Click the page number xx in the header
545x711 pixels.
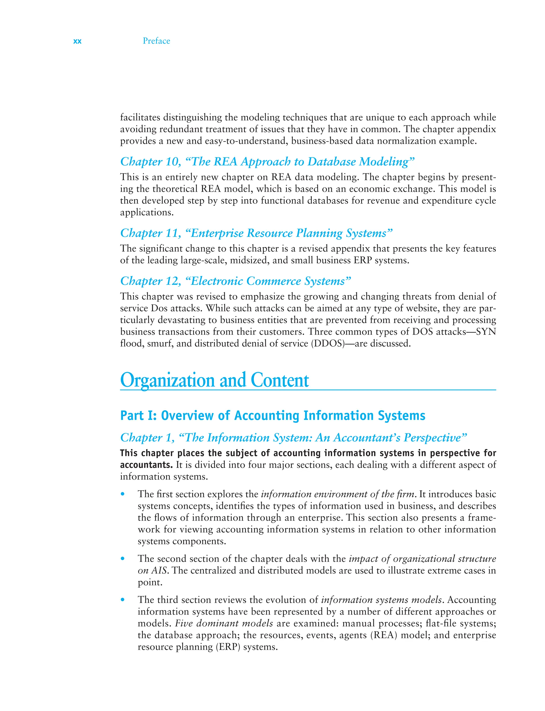click(77, 41)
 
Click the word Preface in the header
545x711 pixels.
click(156, 41)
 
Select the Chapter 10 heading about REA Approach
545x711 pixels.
click(267, 161)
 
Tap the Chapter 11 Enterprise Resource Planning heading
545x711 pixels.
click(256, 233)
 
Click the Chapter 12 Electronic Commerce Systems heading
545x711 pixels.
click(236, 281)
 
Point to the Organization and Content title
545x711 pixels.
click(214, 380)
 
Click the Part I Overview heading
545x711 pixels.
click(272, 416)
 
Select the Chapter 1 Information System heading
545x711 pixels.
click(293, 438)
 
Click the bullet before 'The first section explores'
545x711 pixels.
click(123, 495)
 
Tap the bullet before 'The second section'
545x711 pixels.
click(123, 559)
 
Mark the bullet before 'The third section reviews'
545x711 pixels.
click(123, 600)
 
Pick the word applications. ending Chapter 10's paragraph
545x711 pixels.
click(147, 213)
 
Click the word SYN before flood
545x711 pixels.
click(486, 332)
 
